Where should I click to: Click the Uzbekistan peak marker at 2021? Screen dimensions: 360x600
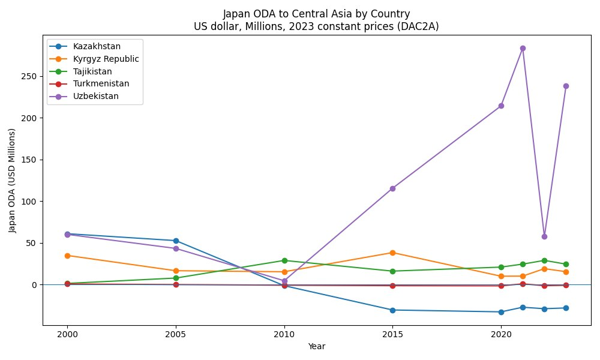coord(523,48)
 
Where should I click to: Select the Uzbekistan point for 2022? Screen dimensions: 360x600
coord(544,236)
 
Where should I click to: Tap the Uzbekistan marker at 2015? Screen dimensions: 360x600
coord(392,188)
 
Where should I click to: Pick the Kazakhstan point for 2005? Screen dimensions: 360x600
coord(176,241)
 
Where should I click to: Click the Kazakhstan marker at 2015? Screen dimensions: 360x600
coord(392,310)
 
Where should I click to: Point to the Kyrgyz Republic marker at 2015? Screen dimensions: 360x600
coord(392,253)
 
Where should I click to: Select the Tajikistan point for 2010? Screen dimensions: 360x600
coord(284,260)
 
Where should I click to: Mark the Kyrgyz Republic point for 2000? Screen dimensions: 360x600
coord(67,256)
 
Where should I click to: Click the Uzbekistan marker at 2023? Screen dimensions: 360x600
coord(566,86)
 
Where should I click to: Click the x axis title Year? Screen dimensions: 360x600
coord(317,346)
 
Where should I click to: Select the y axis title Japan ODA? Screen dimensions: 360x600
coord(12,180)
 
